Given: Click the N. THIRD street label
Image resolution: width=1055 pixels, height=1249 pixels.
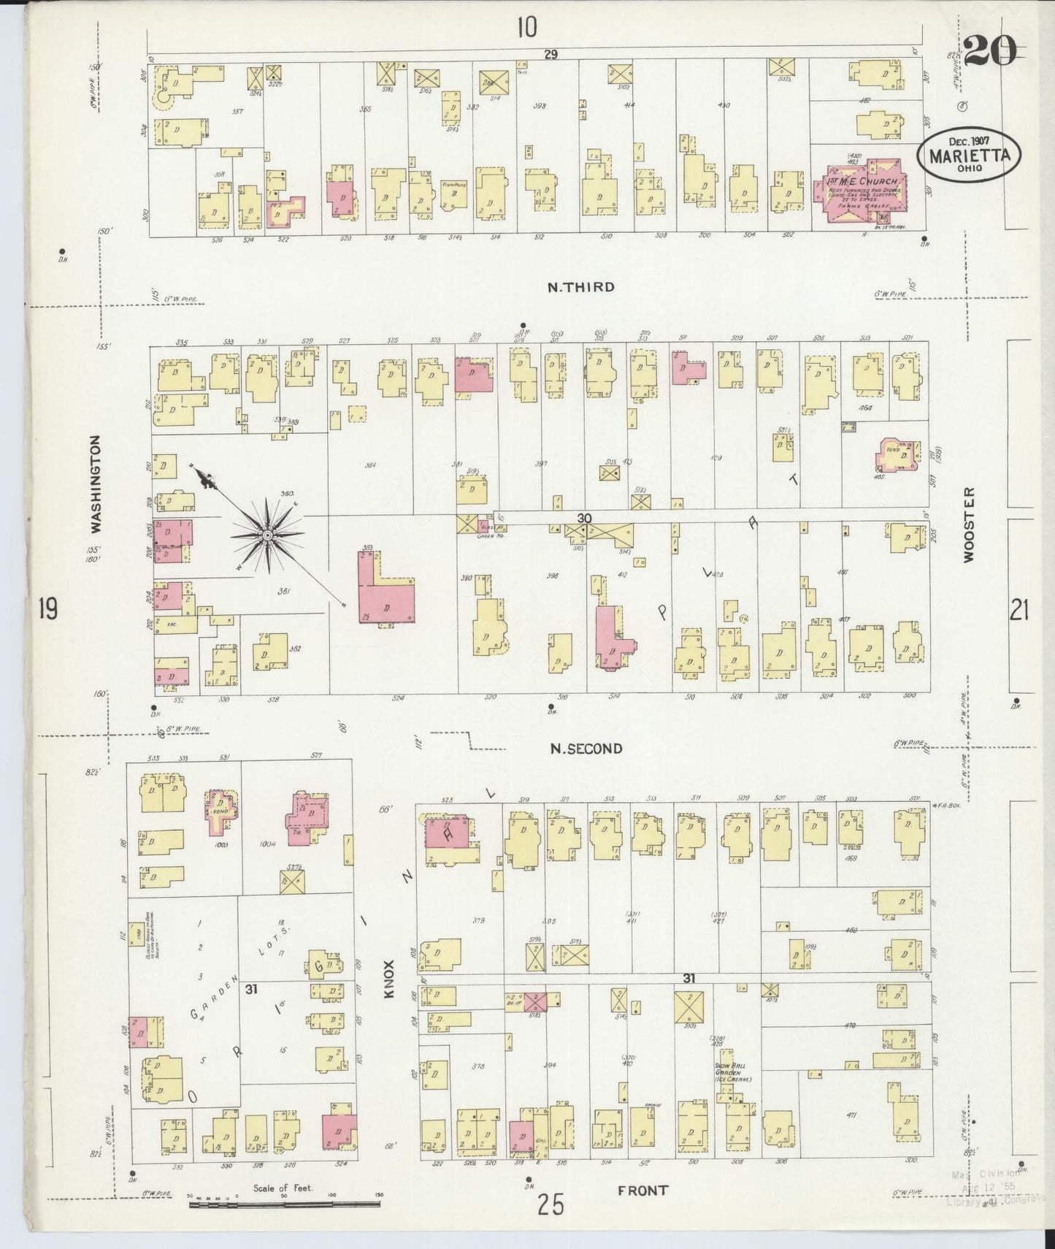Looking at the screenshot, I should click(580, 287).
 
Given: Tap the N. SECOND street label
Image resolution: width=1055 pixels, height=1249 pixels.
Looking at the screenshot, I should click(586, 748).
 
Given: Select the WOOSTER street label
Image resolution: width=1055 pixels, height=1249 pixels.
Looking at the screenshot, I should click(969, 524).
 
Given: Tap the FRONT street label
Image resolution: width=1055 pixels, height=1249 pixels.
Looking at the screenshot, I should click(642, 1191).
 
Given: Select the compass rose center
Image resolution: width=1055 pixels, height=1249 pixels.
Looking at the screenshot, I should click(267, 535).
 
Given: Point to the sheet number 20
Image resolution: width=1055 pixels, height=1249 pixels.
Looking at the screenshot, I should click(989, 51).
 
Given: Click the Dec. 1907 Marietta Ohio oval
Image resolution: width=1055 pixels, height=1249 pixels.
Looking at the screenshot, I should click(969, 154).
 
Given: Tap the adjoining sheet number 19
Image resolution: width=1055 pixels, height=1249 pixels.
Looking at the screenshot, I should click(47, 608).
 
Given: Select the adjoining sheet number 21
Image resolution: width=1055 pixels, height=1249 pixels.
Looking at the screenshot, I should click(1018, 608).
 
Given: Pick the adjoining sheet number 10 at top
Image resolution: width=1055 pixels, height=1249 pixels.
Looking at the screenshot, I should click(526, 27).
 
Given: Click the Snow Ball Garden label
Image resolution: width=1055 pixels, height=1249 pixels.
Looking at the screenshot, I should click(732, 1072).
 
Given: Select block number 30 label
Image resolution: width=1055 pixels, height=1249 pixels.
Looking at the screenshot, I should click(583, 518).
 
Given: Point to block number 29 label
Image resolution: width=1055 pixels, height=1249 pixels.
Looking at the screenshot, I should click(550, 55).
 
